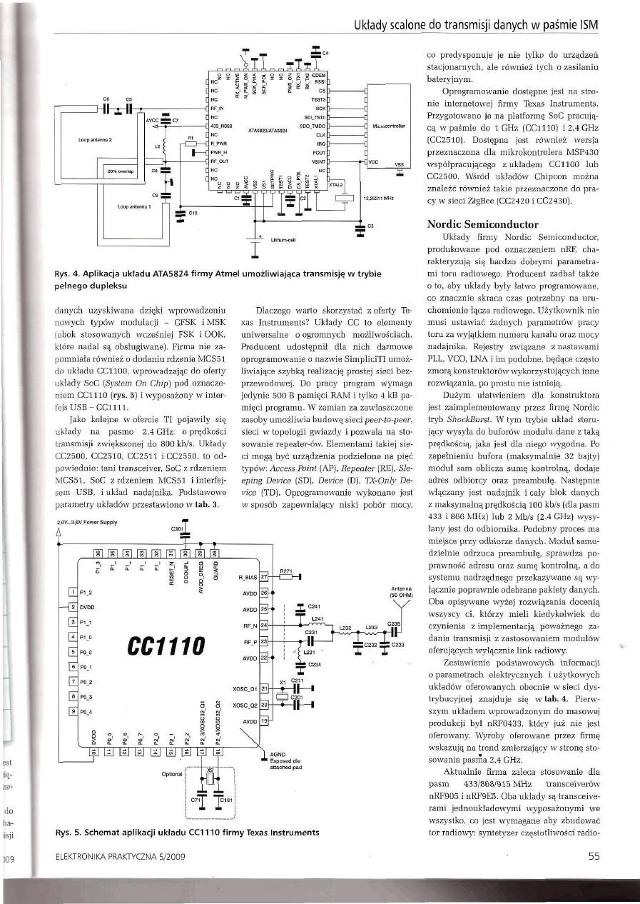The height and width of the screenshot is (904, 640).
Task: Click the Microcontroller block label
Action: (389, 125)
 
